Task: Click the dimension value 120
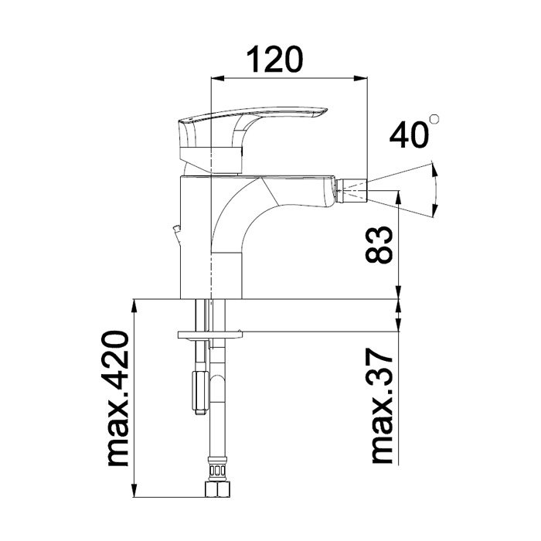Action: click(x=273, y=60)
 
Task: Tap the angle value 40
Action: click(x=409, y=134)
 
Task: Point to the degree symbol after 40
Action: click(x=435, y=120)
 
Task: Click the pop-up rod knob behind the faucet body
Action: click(x=175, y=230)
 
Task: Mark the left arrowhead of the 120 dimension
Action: click(x=217, y=77)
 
